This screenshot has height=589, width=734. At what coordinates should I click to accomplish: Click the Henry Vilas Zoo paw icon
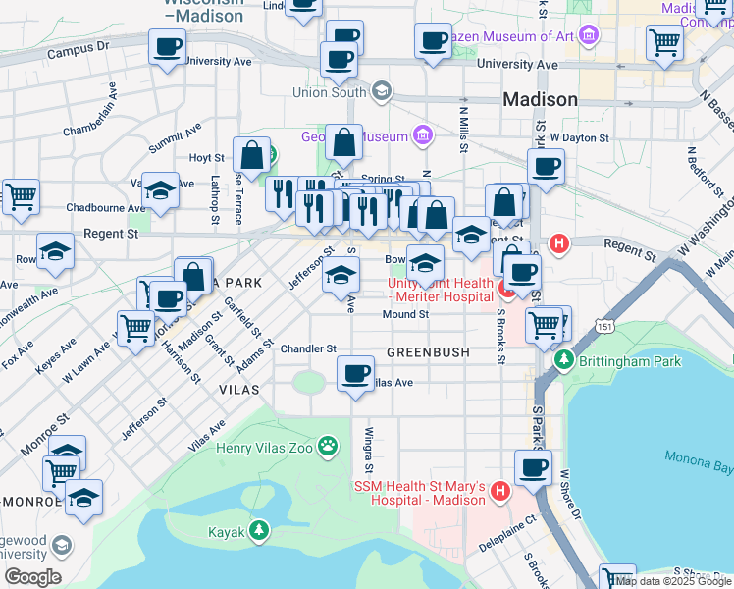(x=328, y=448)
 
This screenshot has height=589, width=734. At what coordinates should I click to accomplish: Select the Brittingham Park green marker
(x=564, y=361)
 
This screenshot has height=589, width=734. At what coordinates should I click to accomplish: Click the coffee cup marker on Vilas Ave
(x=355, y=372)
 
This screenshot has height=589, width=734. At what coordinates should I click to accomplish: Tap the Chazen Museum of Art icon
(x=589, y=36)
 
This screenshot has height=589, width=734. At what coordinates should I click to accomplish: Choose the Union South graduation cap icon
(x=381, y=92)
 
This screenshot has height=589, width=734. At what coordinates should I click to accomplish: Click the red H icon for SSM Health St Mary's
(x=499, y=489)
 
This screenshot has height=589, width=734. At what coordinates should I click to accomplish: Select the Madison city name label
(x=540, y=99)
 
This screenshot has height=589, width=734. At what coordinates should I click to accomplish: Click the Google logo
(x=31, y=577)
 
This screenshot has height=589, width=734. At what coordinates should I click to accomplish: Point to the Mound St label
(x=405, y=315)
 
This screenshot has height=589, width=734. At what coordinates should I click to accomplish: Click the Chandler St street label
(x=308, y=348)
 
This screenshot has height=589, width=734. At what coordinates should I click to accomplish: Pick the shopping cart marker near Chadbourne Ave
(x=20, y=195)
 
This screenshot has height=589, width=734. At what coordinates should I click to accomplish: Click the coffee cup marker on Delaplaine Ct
(x=533, y=468)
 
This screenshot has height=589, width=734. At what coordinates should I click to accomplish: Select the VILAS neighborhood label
(x=239, y=390)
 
